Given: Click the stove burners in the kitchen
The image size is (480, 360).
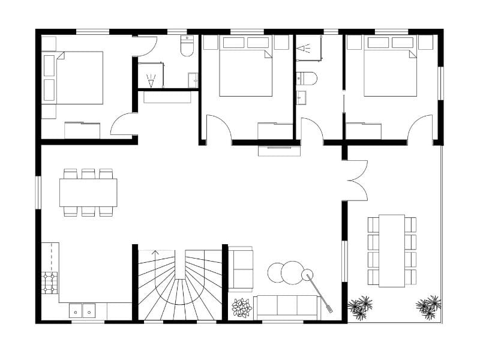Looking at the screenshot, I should (50, 282).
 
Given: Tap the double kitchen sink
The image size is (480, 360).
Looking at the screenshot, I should (83, 311).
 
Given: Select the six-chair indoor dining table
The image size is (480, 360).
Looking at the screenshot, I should (88, 193).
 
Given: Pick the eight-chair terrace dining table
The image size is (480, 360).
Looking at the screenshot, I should (392, 250).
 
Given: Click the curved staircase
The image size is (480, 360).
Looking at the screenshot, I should (178, 284).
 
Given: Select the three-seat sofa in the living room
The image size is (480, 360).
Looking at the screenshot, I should (284, 307).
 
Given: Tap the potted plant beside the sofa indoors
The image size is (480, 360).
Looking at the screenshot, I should (242, 307).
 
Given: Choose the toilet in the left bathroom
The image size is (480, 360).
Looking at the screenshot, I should (188, 46).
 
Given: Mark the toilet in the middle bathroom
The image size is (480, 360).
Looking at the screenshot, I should (306, 79).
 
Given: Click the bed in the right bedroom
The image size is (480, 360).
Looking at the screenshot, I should (390, 72).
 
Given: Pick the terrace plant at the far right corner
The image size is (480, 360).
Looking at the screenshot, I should (429, 306).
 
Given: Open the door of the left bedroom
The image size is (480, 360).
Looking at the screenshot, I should (123, 125).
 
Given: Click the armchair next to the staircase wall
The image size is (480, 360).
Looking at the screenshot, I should (241, 269).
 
